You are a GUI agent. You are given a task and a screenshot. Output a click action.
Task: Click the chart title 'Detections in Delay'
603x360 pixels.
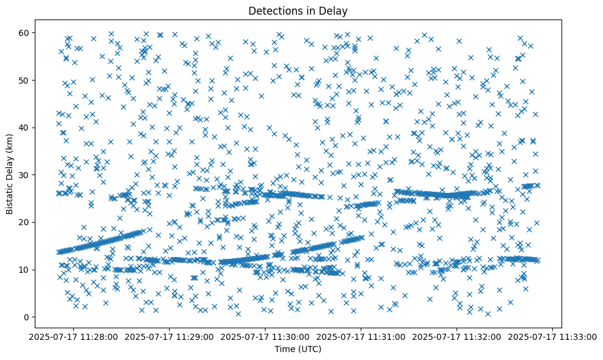coord(298,10)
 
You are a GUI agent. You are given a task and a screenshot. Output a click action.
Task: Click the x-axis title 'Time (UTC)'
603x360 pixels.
coord(298,350)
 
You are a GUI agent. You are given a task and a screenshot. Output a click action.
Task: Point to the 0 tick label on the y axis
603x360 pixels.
coord(27,317)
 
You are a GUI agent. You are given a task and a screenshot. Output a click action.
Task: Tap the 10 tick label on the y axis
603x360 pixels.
coord(25,269)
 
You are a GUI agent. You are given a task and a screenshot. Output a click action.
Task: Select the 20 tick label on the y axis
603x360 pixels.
coord(25,222)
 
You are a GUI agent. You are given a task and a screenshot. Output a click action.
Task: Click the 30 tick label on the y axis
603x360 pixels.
coord(25,175)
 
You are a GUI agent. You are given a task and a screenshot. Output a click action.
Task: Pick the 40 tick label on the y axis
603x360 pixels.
coord(25,127)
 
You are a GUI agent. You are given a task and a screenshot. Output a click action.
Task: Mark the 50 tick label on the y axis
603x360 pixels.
coord(25,80)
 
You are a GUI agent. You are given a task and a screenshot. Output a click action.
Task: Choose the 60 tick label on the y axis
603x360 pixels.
coord(25,32)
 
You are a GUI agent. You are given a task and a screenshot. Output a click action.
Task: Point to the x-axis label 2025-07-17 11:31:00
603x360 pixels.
coord(361,337)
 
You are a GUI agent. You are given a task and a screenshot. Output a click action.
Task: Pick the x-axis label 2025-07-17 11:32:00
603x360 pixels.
coord(457,337)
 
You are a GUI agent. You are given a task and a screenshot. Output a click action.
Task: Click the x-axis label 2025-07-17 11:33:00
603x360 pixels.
coord(553,337)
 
